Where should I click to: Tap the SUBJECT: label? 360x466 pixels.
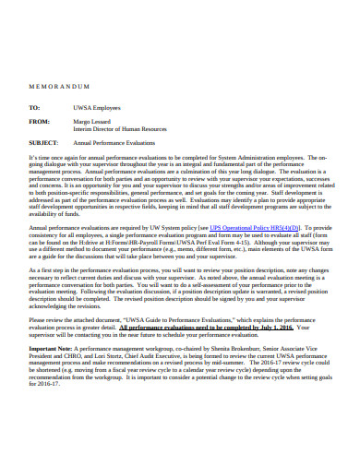point(43,144)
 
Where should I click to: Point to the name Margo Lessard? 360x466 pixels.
point(93,121)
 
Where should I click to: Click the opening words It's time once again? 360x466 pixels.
point(54,158)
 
